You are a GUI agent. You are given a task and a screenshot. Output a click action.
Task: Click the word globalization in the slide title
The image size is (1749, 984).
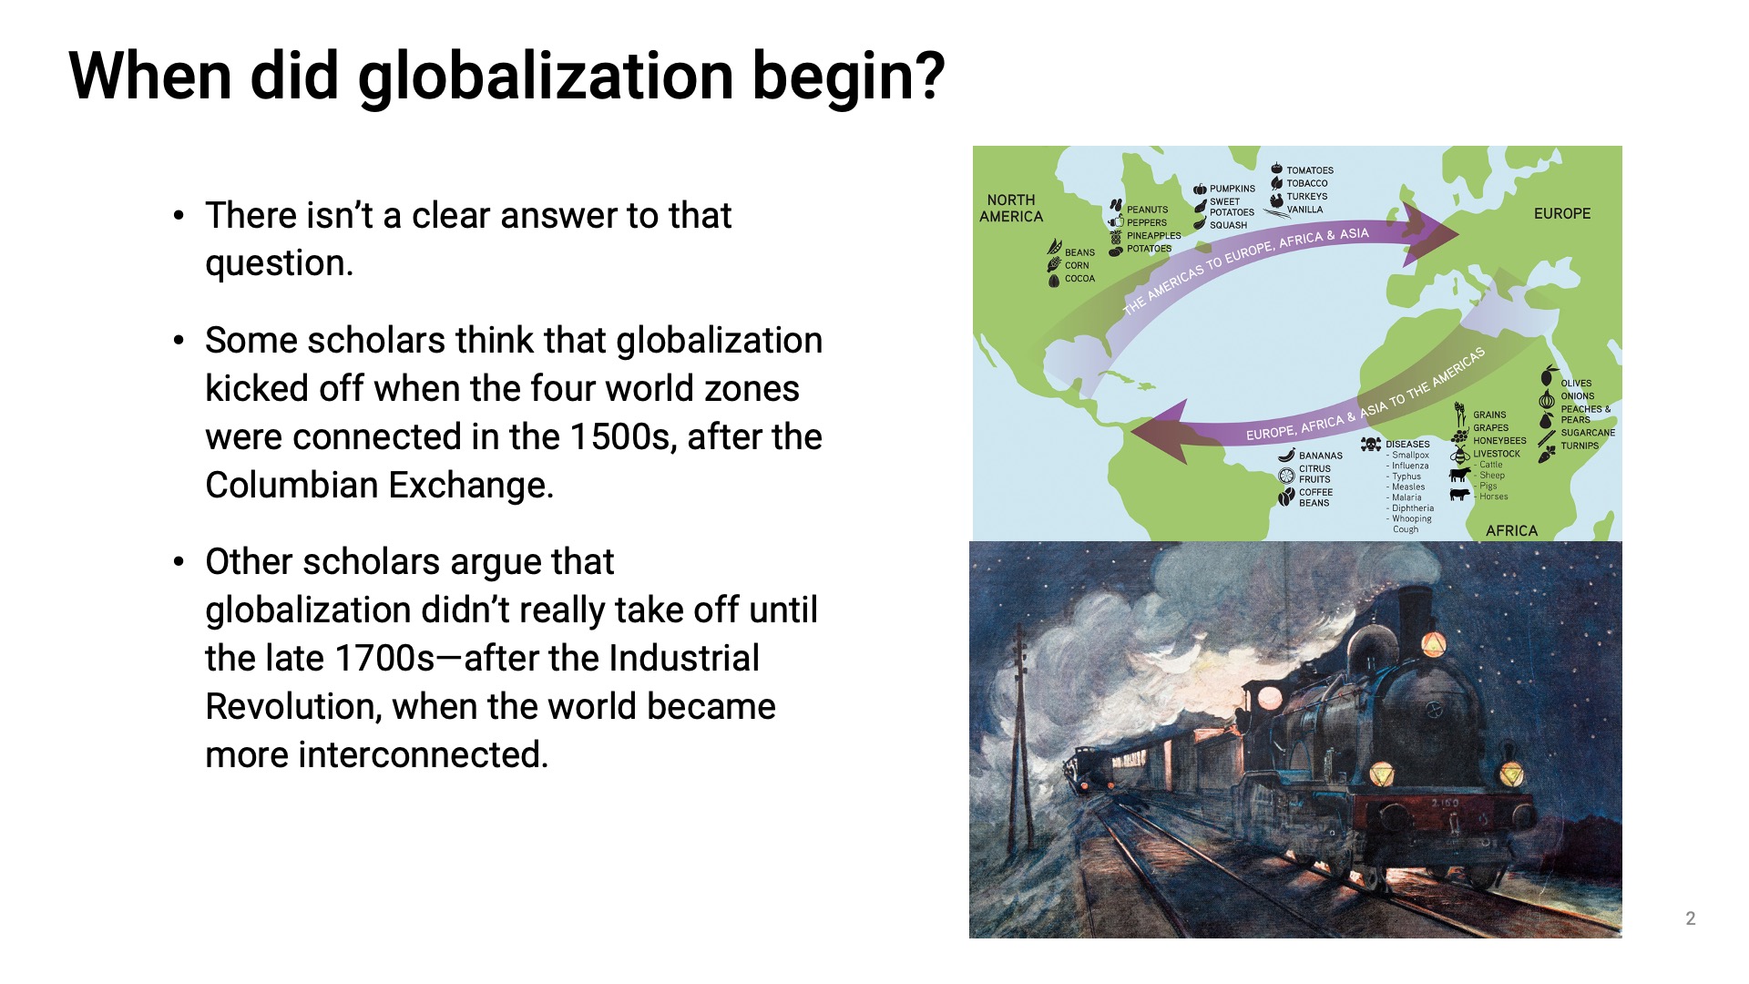click(x=546, y=77)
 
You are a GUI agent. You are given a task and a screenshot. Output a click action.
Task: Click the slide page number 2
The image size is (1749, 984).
click(x=1691, y=918)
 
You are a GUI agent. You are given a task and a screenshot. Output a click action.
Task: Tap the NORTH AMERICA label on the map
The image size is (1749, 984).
click(x=1011, y=209)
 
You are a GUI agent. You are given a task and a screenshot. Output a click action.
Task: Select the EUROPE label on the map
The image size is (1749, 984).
click(x=1562, y=213)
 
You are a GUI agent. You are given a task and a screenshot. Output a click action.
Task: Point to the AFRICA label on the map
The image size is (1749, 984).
click(x=1511, y=530)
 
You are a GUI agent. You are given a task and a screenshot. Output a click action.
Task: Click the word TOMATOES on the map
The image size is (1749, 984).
click(x=1310, y=170)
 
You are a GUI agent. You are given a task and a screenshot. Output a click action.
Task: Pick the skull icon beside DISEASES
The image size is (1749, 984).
click(x=1371, y=444)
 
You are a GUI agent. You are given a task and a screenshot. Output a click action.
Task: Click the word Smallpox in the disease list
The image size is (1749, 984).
click(x=1410, y=455)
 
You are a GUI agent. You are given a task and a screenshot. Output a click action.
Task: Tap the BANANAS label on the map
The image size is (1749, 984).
click(x=1321, y=456)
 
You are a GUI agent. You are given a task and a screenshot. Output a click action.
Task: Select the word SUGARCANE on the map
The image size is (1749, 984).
click(x=1588, y=433)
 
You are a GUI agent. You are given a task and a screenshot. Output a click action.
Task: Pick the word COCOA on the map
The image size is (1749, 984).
click(x=1079, y=279)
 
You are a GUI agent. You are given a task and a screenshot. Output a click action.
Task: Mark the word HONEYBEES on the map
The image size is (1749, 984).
click(x=1499, y=441)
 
